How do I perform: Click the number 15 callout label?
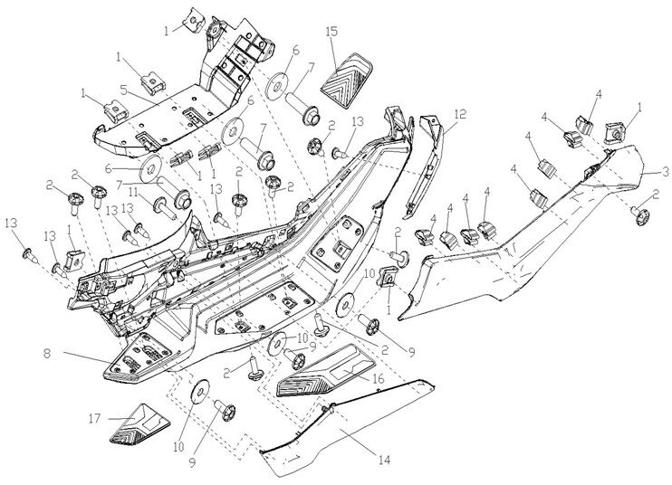click(332, 32)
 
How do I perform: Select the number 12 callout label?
click(460, 114)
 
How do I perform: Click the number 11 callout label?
click(132, 192)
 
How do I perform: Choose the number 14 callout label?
click(383, 460)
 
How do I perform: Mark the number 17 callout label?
click(93, 418)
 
